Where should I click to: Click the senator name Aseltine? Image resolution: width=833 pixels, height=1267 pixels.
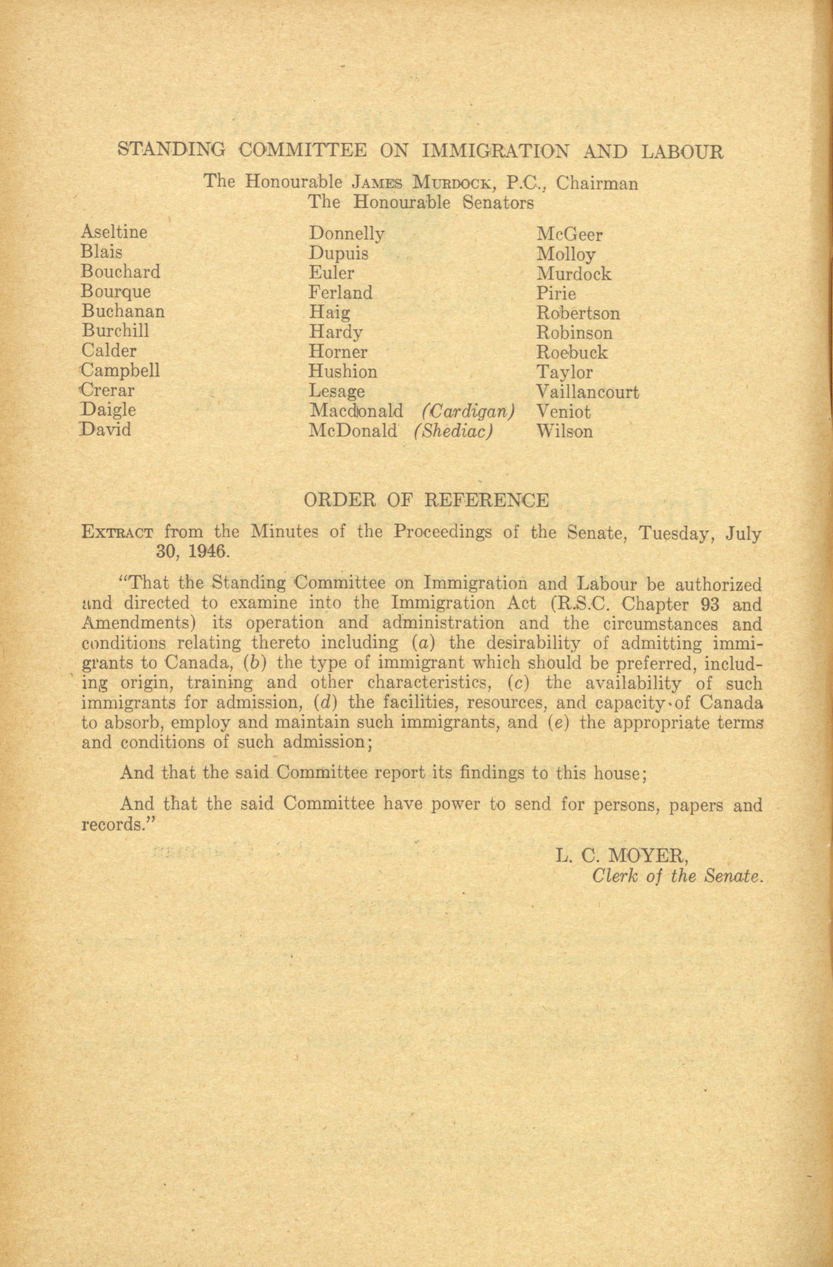[x=114, y=232]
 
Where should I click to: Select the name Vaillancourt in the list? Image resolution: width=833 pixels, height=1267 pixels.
[x=588, y=392]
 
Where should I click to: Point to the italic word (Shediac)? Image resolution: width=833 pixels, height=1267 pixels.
[x=452, y=431]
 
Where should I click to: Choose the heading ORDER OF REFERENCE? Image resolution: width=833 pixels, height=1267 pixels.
[x=426, y=500]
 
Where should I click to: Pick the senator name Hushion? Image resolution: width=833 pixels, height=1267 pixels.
[x=343, y=371]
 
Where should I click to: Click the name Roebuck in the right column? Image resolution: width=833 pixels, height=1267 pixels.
[x=571, y=352]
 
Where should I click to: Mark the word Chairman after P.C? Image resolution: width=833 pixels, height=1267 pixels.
[x=597, y=183]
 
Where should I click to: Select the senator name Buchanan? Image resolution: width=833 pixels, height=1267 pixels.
[x=123, y=311]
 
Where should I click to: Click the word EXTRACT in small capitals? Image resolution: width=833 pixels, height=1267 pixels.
[x=117, y=532]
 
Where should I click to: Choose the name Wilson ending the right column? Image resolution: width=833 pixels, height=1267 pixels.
[x=564, y=431]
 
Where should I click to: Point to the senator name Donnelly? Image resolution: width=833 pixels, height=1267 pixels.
[x=347, y=234]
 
